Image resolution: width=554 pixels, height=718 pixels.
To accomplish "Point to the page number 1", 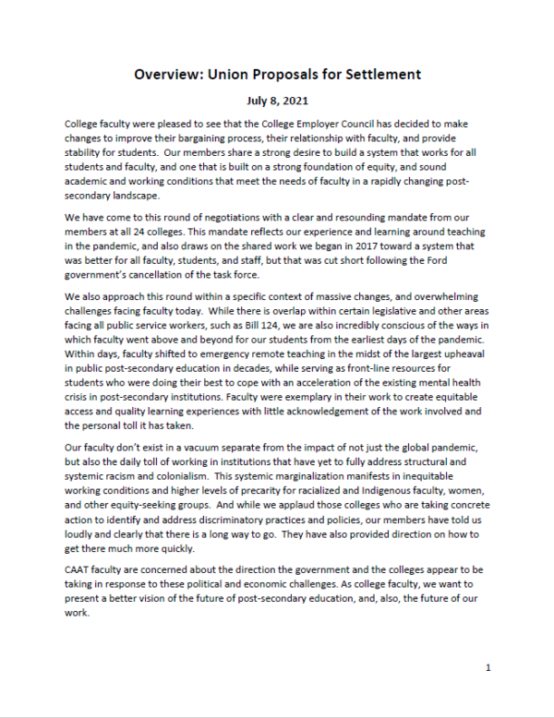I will tap(488, 667).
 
